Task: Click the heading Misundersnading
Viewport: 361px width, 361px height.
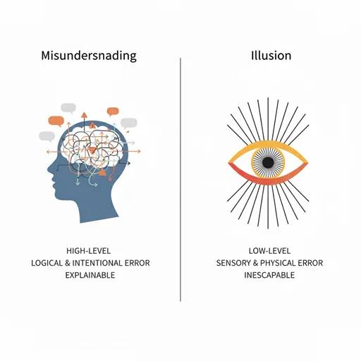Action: pyautogui.click(x=89, y=56)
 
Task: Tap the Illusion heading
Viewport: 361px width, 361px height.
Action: pyautogui.click(x=271, y=56)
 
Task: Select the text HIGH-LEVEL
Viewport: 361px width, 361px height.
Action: pyautogui.click(x=88, y=251)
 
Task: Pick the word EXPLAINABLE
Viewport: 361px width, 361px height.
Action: pyautogui.click(x=90, y=275)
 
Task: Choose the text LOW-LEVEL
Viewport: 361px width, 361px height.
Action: pyautogui.click(x=269, y=251)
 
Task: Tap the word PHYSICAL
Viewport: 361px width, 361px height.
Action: pyautogui.click(x=278, y=263)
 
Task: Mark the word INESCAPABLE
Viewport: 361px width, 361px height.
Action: pyautogui.click(x=269, y=275)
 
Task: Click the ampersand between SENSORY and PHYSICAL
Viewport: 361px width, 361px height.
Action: pyautogui.click(x=255, y=263)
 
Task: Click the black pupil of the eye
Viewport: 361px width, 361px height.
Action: pyautogui.click(x=268, y=162)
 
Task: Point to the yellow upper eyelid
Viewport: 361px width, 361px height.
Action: pyautogui.click(x=268, y=144)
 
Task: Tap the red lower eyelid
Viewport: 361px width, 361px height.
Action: pyautogui.click(x=268, y=181)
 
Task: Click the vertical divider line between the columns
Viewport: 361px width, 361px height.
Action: pyautogui.click(x=180, y=180)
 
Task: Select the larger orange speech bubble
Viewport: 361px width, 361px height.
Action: pyautogui.click(x=56, y=121)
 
